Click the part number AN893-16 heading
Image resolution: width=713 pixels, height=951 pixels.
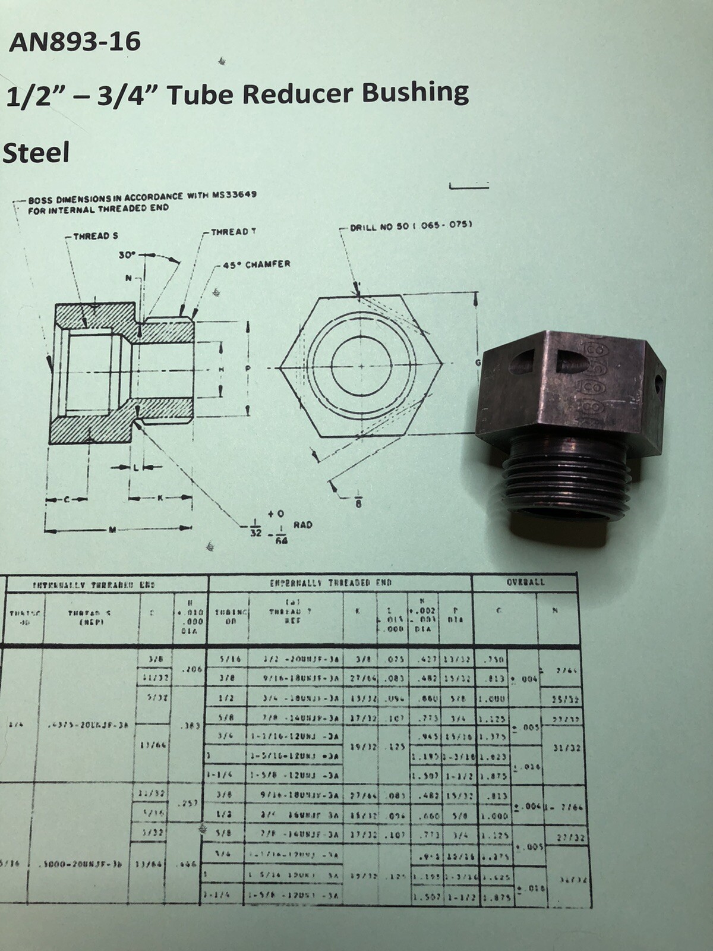point(74,43)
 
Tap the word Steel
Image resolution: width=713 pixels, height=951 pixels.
point(37,153)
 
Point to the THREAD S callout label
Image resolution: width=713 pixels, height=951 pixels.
point(91,237)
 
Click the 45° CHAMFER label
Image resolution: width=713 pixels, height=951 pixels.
point(256,264)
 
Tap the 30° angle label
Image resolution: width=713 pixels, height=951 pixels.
point(127,254)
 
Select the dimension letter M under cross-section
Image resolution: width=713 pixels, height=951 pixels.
point(112,530)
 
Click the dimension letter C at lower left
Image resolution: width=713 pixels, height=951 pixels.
point(67,500)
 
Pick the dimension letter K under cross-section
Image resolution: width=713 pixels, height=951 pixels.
point(159,499)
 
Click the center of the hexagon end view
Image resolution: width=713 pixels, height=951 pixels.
point(361,367)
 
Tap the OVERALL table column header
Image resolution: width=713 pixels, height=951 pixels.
point(525,582)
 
